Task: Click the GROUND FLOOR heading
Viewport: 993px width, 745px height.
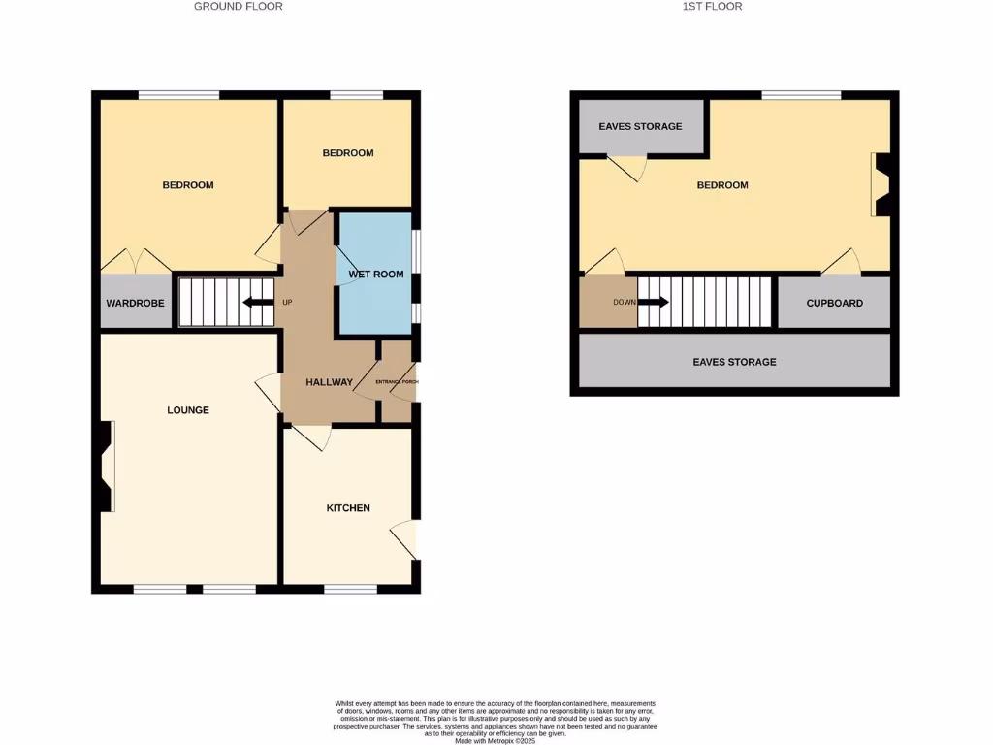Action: click(239, 6)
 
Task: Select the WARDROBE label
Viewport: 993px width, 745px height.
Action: click(136, 304)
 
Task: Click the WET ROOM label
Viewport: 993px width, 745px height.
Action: click(376, 275)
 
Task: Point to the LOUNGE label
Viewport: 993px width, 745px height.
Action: click(188, 410)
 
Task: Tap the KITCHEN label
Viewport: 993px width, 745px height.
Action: click(348, 508)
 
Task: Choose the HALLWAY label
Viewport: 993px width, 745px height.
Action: click(330, 382)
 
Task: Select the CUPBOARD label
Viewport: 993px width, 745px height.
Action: click(835, 304)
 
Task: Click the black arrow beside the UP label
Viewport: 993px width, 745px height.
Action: click(257, 302)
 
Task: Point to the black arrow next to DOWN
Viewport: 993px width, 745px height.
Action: click(654, 302)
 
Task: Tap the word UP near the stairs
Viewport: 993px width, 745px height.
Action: click(287, 302)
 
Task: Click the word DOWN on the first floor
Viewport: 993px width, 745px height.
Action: click(625, 302)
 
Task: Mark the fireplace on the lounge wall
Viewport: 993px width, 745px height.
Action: click(106, 467)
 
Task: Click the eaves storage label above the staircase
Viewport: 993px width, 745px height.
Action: click(640, 127)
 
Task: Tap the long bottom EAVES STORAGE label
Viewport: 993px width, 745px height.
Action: click(734, 362)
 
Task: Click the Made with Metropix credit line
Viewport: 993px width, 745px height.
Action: click(496, 740)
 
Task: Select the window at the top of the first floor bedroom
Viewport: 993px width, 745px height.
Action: click(801, 95)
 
